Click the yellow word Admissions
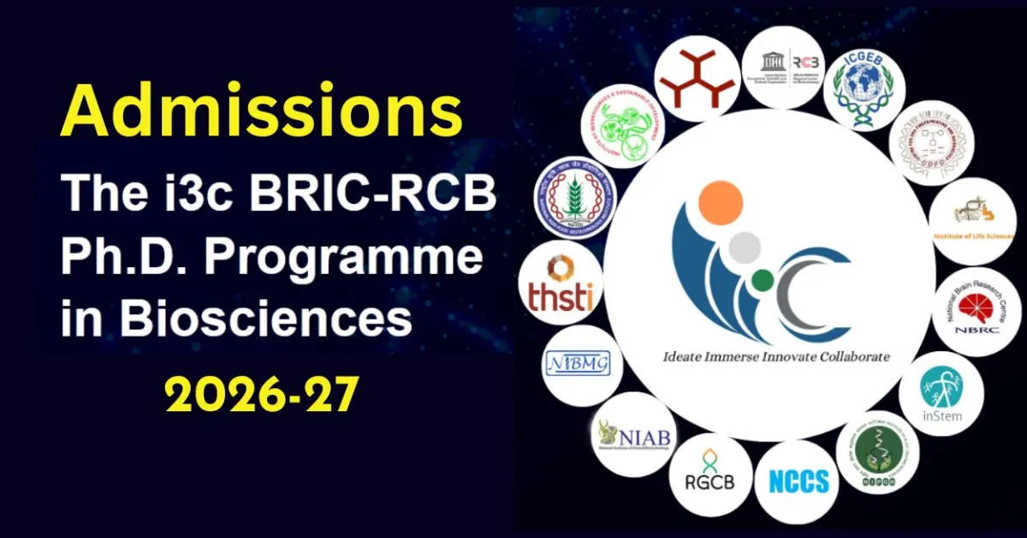pyautogui.click(x=262, y=115)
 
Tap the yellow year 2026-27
pyautogui.click(x=262, y=397)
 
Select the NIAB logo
pyautogui.click(x=634, y=435)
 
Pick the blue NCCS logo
pyautogui.click(x=798, y=481)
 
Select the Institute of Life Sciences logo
pyautogui.click(x=973, y=221)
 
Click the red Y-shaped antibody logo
pyautogui.click(x=697, y=80)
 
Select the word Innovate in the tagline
pyautogui.click(x=784, y=356)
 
